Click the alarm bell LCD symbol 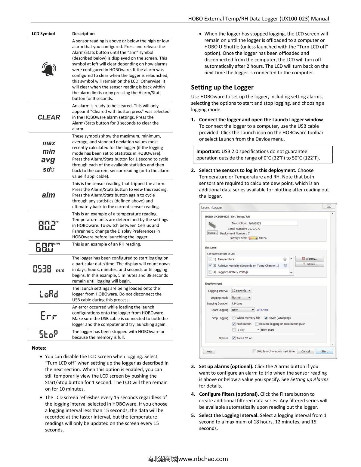click(x=48, y=70)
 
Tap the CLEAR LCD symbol click(x=49, y=117)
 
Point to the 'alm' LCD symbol click(x=48, y=195)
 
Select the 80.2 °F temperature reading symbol click(x=48, y=225)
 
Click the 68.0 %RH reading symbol click(x=48, y=247)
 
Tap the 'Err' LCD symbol click(x=48, y=316)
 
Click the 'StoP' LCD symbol click(x=48, y=334)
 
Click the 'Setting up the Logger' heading click(x=222, y=87)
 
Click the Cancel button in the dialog click(x=305, y=351)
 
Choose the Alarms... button click(x=310, y=259)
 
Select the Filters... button click(x=310, y=264)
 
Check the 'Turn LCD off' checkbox click(x=234, y=338)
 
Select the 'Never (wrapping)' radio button click(x=266, y=318)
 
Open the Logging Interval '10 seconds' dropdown click(x=241, y=291)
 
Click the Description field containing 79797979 click(x=273, y=223)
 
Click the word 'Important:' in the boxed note click(x=208, y=151)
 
